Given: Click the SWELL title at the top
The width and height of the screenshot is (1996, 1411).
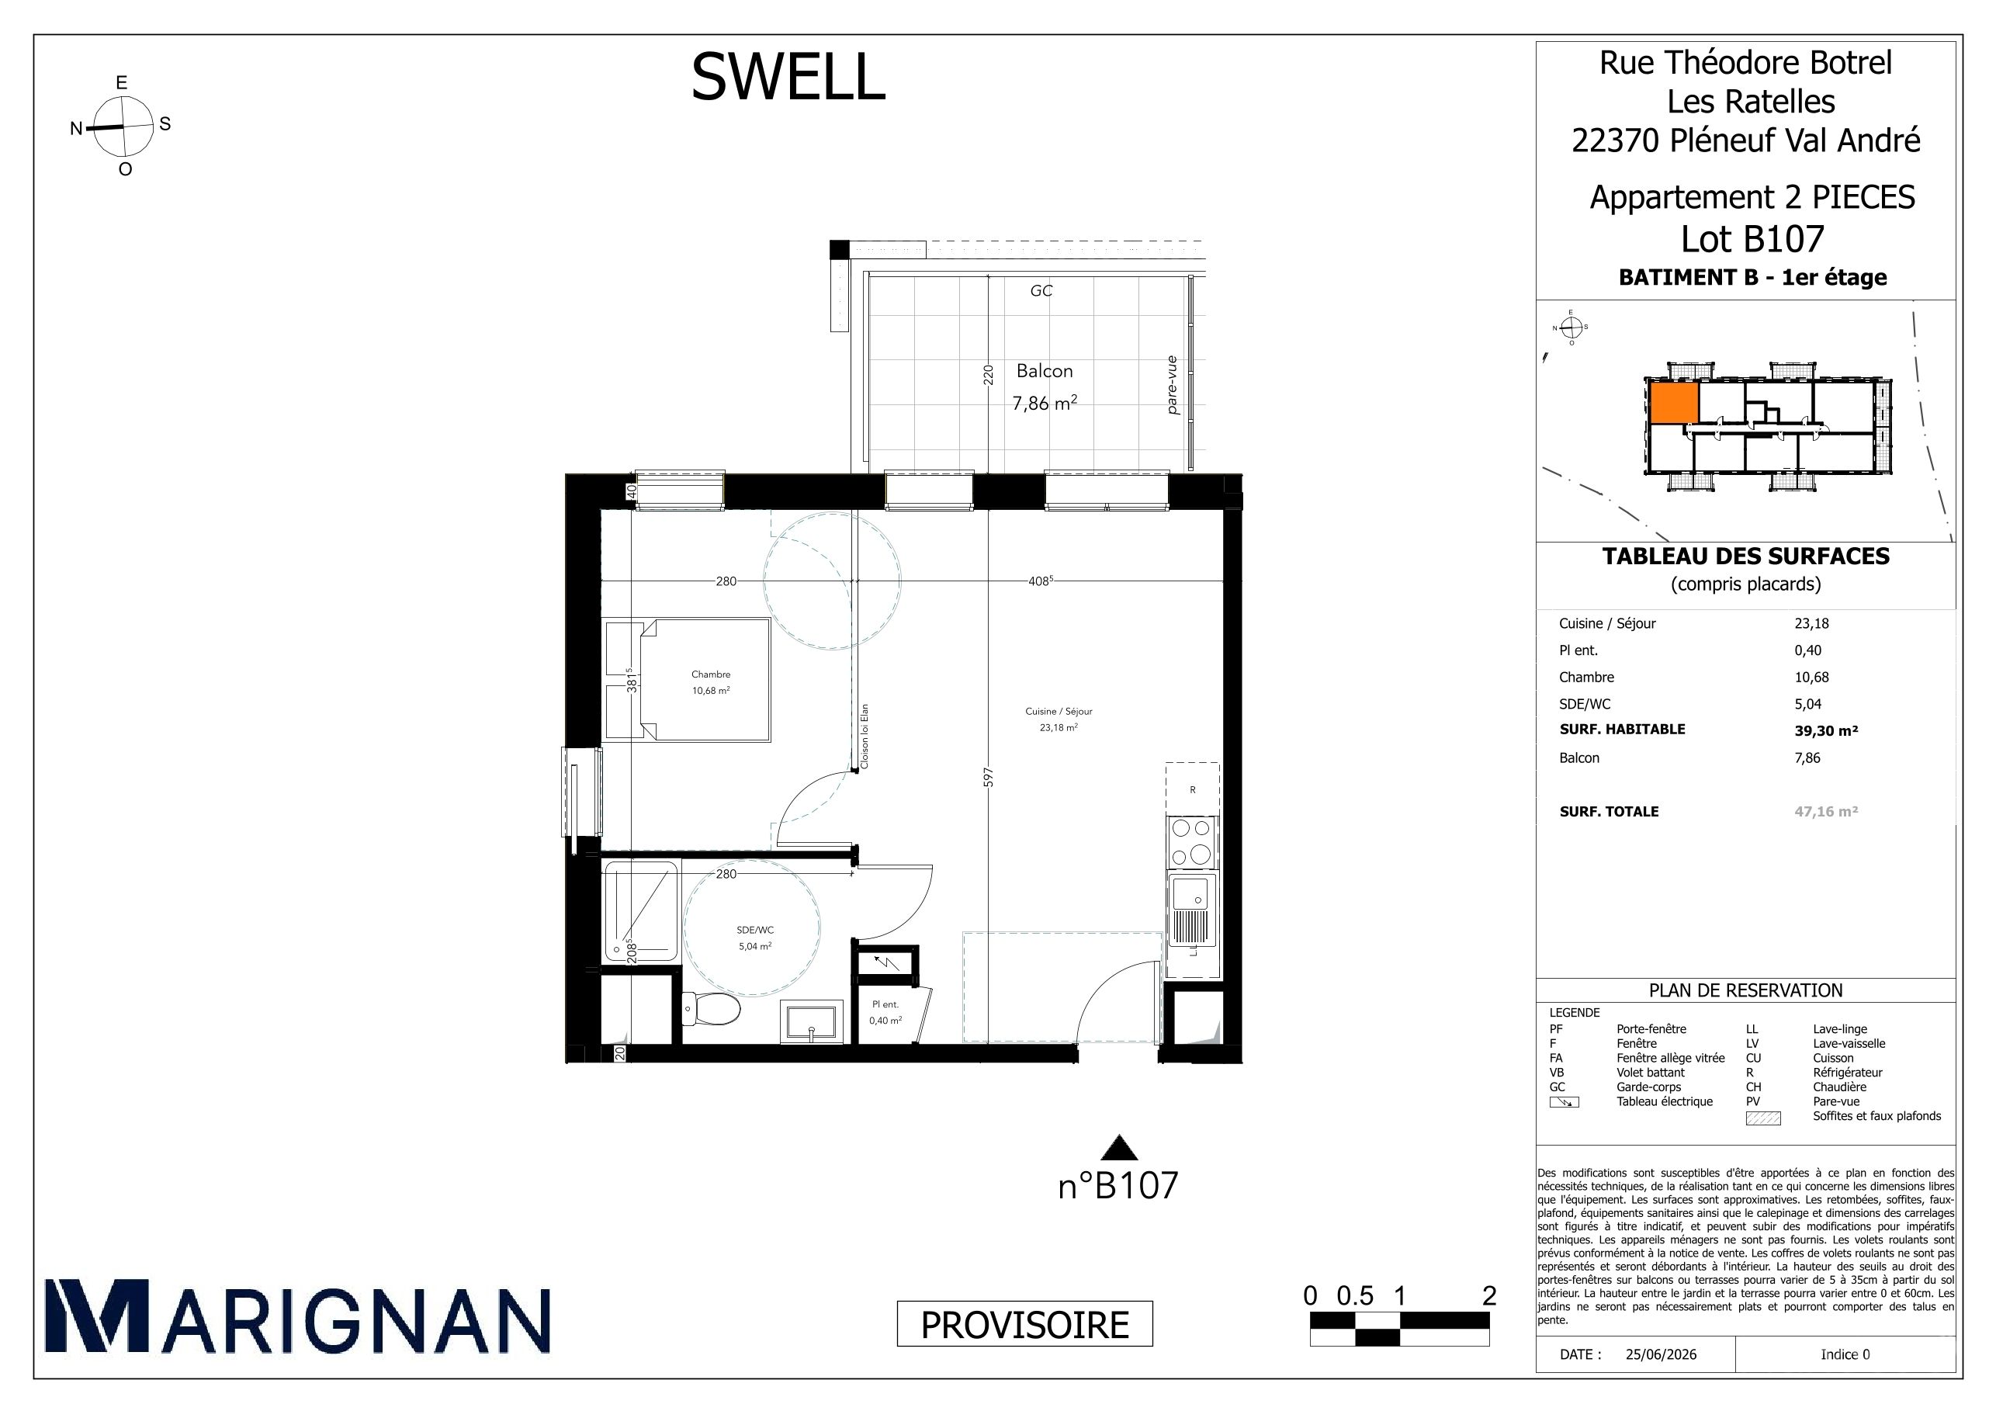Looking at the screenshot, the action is (788, 77).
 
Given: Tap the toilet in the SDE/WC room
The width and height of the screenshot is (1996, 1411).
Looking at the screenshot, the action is (711, 1009).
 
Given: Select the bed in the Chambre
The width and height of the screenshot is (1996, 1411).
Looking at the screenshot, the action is (688, 680).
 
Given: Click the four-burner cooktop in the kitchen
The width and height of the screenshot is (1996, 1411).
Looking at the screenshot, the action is (1192, 842).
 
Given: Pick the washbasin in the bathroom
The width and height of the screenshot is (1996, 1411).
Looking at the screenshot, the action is (812, 1022).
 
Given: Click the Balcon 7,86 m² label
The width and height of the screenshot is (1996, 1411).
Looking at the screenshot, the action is (1044, 387).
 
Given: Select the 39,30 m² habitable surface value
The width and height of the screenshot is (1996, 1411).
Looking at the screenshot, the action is (1825, 730).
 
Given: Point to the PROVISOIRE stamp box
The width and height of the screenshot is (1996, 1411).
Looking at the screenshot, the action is (1024, 1324).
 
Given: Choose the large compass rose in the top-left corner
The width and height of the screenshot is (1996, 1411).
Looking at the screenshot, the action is (123, 126).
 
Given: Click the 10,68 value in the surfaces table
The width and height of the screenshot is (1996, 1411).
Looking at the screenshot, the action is (1812, 678).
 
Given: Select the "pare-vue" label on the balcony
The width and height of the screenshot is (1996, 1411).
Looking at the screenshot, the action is (1172, 385).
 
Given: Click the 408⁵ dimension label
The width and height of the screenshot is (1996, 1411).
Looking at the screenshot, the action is (1041, 581).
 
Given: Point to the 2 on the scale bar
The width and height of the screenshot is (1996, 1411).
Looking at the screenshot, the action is (1489, 1296).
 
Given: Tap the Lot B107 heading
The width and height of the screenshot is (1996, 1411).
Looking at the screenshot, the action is (1752, 238).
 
